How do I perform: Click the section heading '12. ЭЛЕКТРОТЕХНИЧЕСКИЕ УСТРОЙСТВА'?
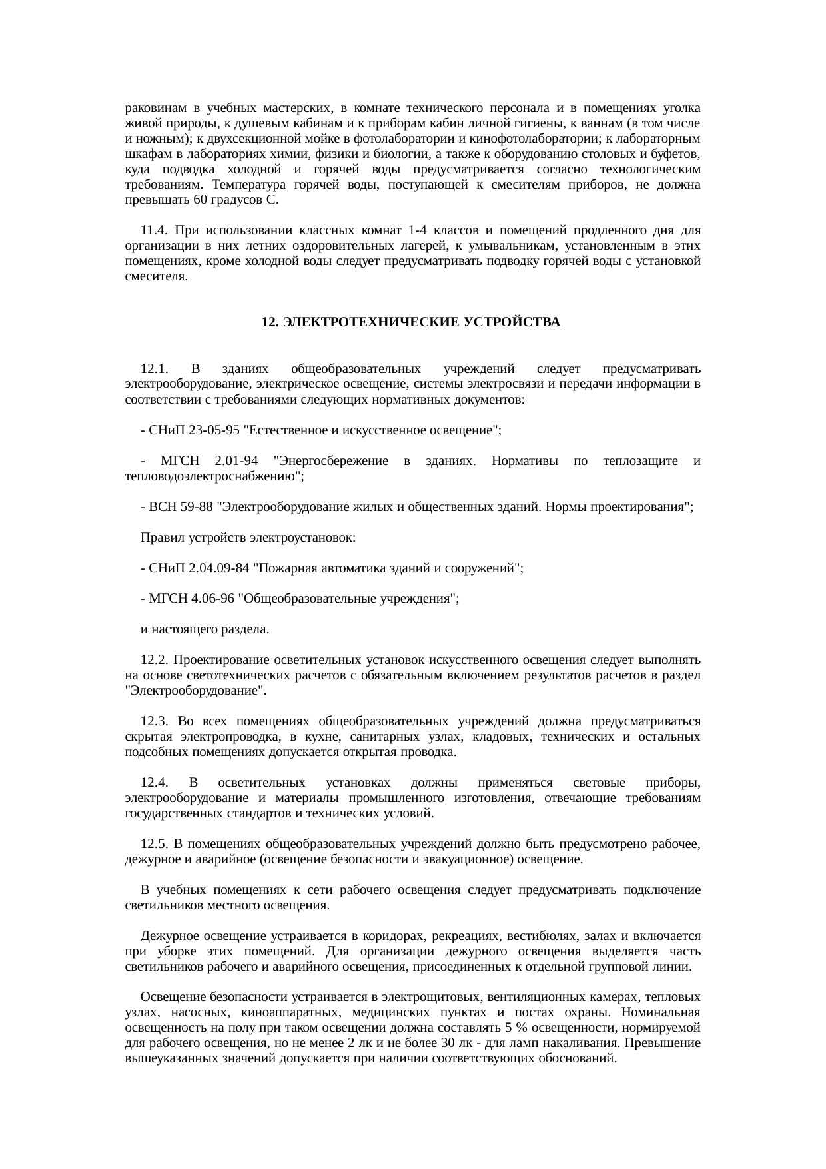pos(410,322)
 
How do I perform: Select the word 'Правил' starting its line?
pos(157,538)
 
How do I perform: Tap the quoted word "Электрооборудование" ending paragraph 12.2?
pos(195,691)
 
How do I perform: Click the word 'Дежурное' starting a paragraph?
pos(165,936)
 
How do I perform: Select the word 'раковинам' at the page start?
pos(152,108)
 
